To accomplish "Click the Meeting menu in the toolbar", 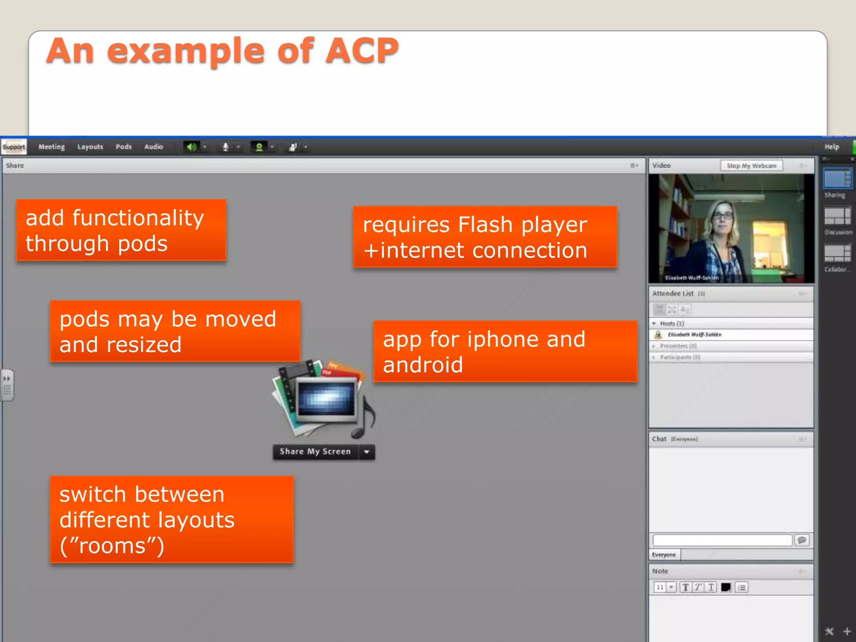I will pos(51,147).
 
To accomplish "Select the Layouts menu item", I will pos(90,147).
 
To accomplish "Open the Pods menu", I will pos(123,147).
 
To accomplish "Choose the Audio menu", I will pos(153,147).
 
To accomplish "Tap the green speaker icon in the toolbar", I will pos(191,147).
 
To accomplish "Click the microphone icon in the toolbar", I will pos(225,147).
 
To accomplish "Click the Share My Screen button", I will pos(315,452).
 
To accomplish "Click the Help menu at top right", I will pos(831,147).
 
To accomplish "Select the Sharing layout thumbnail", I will pos(837,179).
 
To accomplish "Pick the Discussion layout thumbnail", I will pos(837,216).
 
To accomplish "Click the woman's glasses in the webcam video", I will pos(723,216).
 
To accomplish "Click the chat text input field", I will pos(722,540).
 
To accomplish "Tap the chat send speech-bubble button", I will pos(802,540).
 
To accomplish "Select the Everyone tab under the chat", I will pos(664,555).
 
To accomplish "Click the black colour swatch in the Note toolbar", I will pos(726,587).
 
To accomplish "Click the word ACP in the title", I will pos(362,51).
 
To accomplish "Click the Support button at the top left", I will pos(14,147).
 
